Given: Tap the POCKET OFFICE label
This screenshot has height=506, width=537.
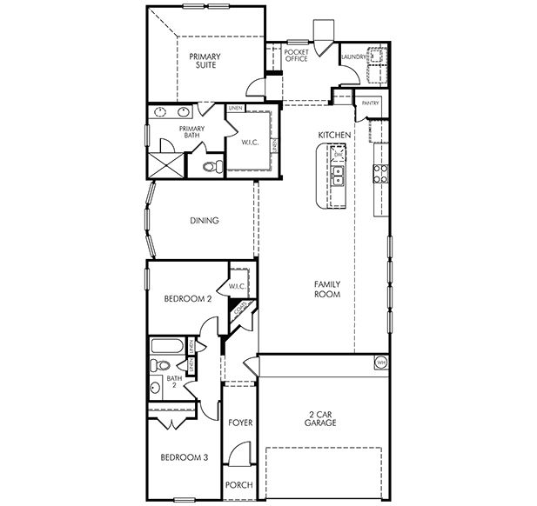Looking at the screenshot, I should coord(297,56).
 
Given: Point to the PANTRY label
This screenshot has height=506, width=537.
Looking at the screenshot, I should coord(370,102).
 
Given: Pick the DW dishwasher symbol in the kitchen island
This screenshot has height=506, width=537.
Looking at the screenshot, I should coord(339,155).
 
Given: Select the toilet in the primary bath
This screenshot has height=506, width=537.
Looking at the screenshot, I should coord(210,164).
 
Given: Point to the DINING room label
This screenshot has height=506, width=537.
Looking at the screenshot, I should coord(204,221).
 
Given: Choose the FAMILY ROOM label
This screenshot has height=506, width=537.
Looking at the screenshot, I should coord(326,289).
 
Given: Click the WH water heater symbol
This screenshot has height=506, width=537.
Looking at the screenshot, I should coord(380,361).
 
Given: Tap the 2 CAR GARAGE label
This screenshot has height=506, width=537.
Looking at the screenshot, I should coord(321,418).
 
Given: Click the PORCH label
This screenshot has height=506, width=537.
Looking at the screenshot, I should coord(238,485).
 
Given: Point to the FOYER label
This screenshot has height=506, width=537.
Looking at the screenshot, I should coord(240,423).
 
